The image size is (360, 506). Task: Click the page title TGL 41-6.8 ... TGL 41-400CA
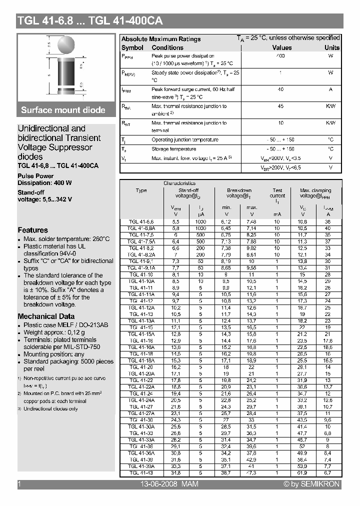(90, 21)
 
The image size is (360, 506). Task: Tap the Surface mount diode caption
(63, 110)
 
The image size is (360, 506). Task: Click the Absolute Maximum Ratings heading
(161, 39)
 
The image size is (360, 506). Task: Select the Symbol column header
(132, 47)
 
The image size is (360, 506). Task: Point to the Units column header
(331, 47)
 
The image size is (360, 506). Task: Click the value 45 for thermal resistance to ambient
(280, 106)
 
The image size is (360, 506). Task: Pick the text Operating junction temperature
(184, 140)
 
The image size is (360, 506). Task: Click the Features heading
(33, 230)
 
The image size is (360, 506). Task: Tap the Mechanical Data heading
(46, 316)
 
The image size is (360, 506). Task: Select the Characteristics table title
(179, 183)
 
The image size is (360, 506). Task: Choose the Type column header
(141, 190)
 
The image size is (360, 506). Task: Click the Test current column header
(277, 193)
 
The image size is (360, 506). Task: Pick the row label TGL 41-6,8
(141, 221)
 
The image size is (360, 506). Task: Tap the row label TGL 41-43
(141, 472)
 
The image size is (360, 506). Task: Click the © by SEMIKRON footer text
(311, 484)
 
